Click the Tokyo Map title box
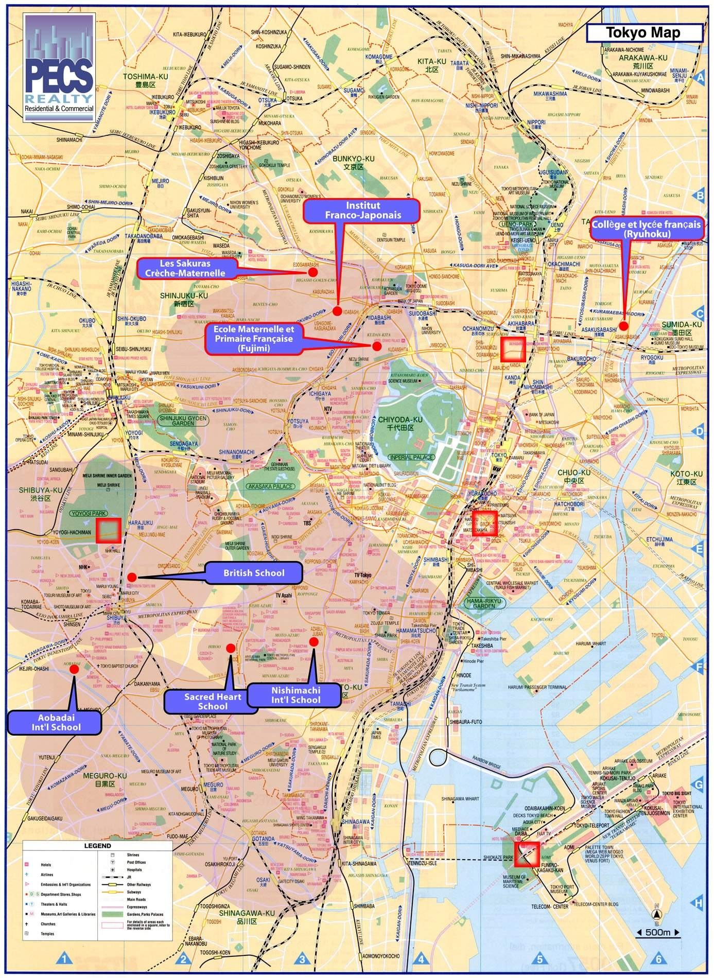(x=644, y=33)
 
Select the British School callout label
(x=254, y=573)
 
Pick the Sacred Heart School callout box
(x=212, y=701)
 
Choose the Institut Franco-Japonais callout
(x=362, y=211)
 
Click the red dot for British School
(x=131, y=577)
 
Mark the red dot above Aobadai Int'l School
(x=74, y=669)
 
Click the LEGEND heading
(x=97, y=846)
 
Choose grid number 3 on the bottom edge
(x=302, y=958)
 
